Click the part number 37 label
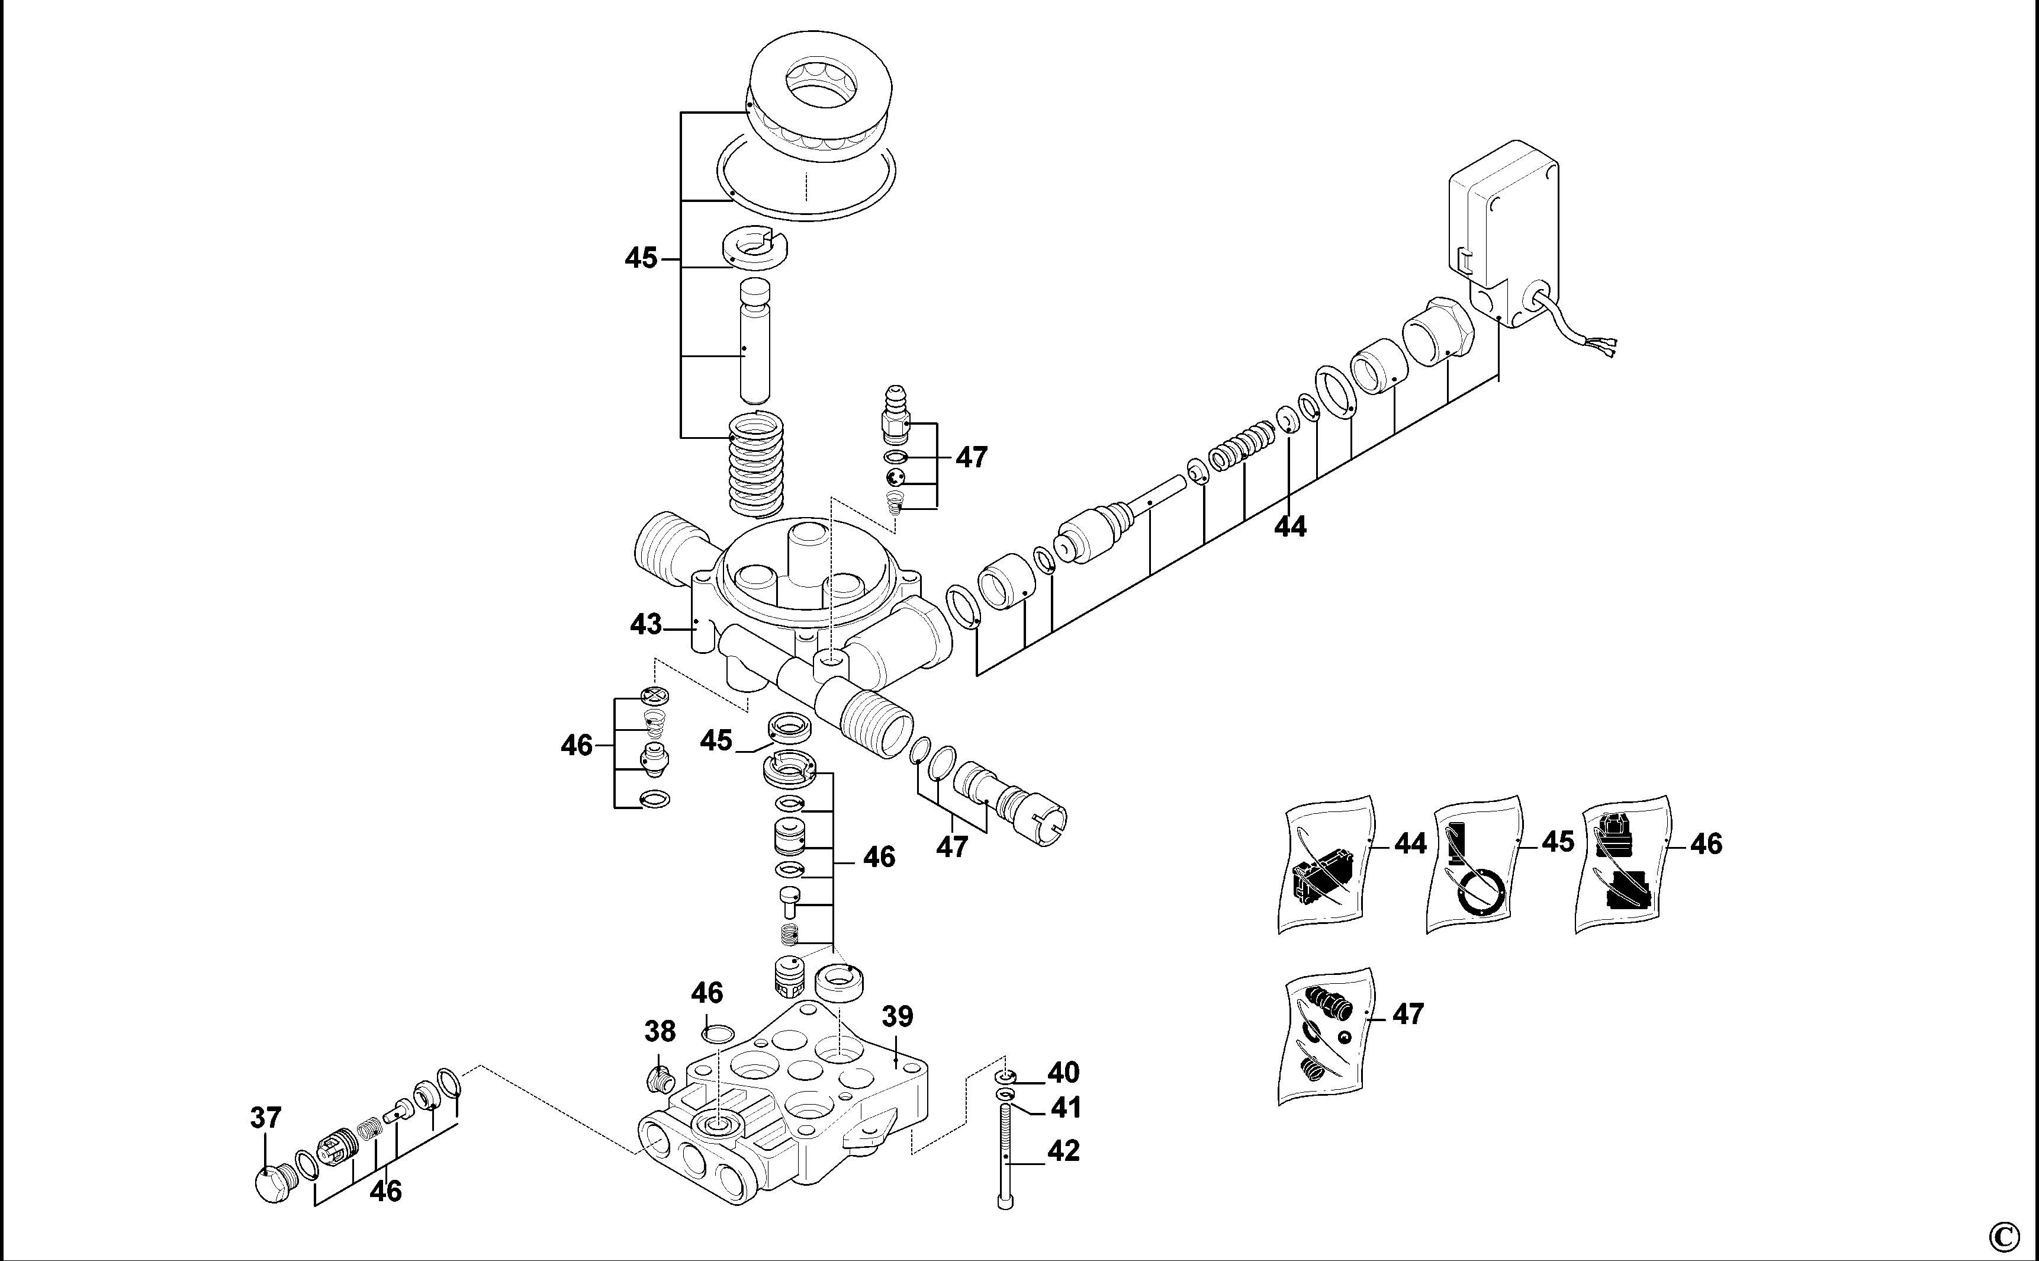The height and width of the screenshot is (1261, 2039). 266,1118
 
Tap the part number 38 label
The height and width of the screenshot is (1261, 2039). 660,1032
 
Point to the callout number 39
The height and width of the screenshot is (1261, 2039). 897,1016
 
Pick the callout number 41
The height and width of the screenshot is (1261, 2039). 1064,1108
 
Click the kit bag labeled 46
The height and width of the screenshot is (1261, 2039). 1622,866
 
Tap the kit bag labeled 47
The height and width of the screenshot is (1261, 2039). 1326,1035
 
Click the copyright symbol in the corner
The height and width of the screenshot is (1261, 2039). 2006,1234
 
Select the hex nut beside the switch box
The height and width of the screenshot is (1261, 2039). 1438,332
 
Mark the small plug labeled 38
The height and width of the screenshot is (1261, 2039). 660,1079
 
